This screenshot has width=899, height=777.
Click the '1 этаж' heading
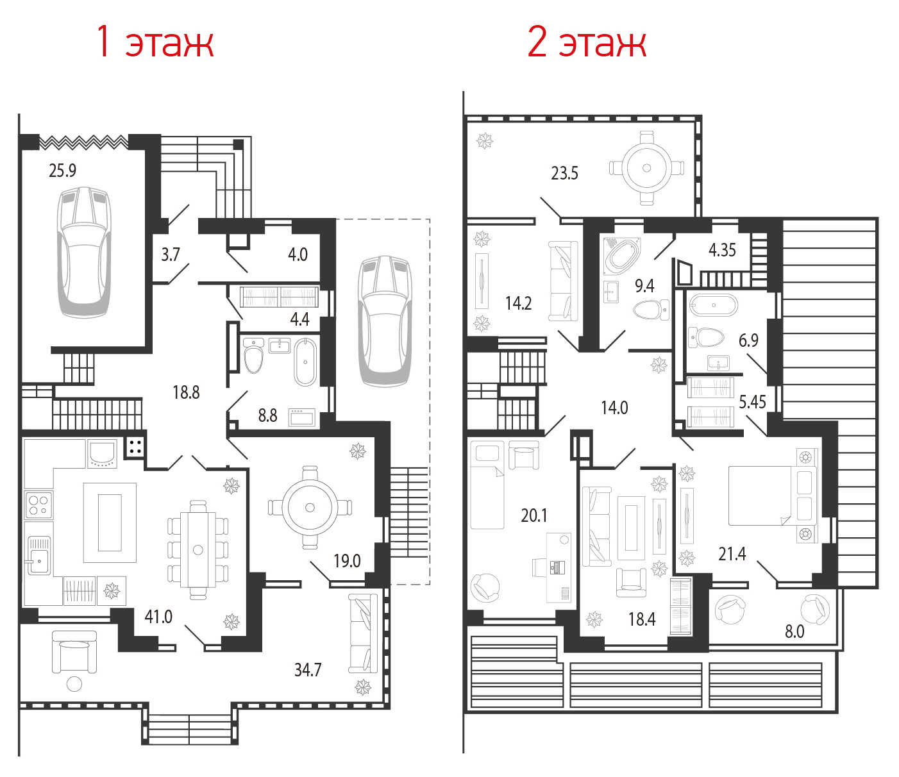coord(155,42)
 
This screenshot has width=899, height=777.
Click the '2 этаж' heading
coord(587,42)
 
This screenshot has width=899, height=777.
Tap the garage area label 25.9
coord(62,171)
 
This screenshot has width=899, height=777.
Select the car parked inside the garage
coord(84,252)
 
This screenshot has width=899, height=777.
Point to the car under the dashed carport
coord(385,321)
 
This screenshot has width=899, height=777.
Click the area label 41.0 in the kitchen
coord(158,617)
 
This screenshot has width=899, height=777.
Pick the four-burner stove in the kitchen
coord(38,505)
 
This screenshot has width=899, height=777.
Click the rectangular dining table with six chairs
coord(198,550)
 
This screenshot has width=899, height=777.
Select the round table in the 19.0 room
coord(310,507)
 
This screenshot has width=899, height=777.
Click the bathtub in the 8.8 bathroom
coord(305,362)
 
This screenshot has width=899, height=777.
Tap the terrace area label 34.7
coord(308,669)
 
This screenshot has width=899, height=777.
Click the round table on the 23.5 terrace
coord(646,168)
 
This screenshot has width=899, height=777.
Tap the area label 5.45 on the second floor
coord(752,402)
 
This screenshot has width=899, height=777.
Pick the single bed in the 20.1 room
coord(487,485)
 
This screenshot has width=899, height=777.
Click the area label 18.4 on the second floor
coord(641,619)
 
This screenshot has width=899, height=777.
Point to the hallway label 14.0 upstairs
coord(614,408)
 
